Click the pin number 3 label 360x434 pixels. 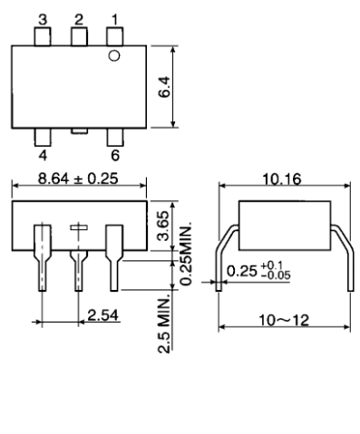click(43, 20)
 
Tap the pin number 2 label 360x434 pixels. click(79, 20)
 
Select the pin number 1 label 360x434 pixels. click(114, 20)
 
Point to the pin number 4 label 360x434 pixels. click(43, 156)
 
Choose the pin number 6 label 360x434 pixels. click(115, 156)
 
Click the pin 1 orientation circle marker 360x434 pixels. click(114, 56)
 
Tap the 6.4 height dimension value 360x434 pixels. click(164, 87)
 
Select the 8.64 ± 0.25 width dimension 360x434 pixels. click(78, 178)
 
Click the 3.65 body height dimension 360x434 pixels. click(164, 226)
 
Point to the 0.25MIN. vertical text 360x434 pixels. click(186, 255)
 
